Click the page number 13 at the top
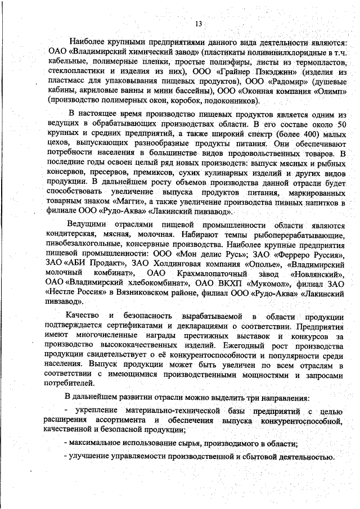click(198, 24)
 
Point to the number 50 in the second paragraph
click(340, 123)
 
